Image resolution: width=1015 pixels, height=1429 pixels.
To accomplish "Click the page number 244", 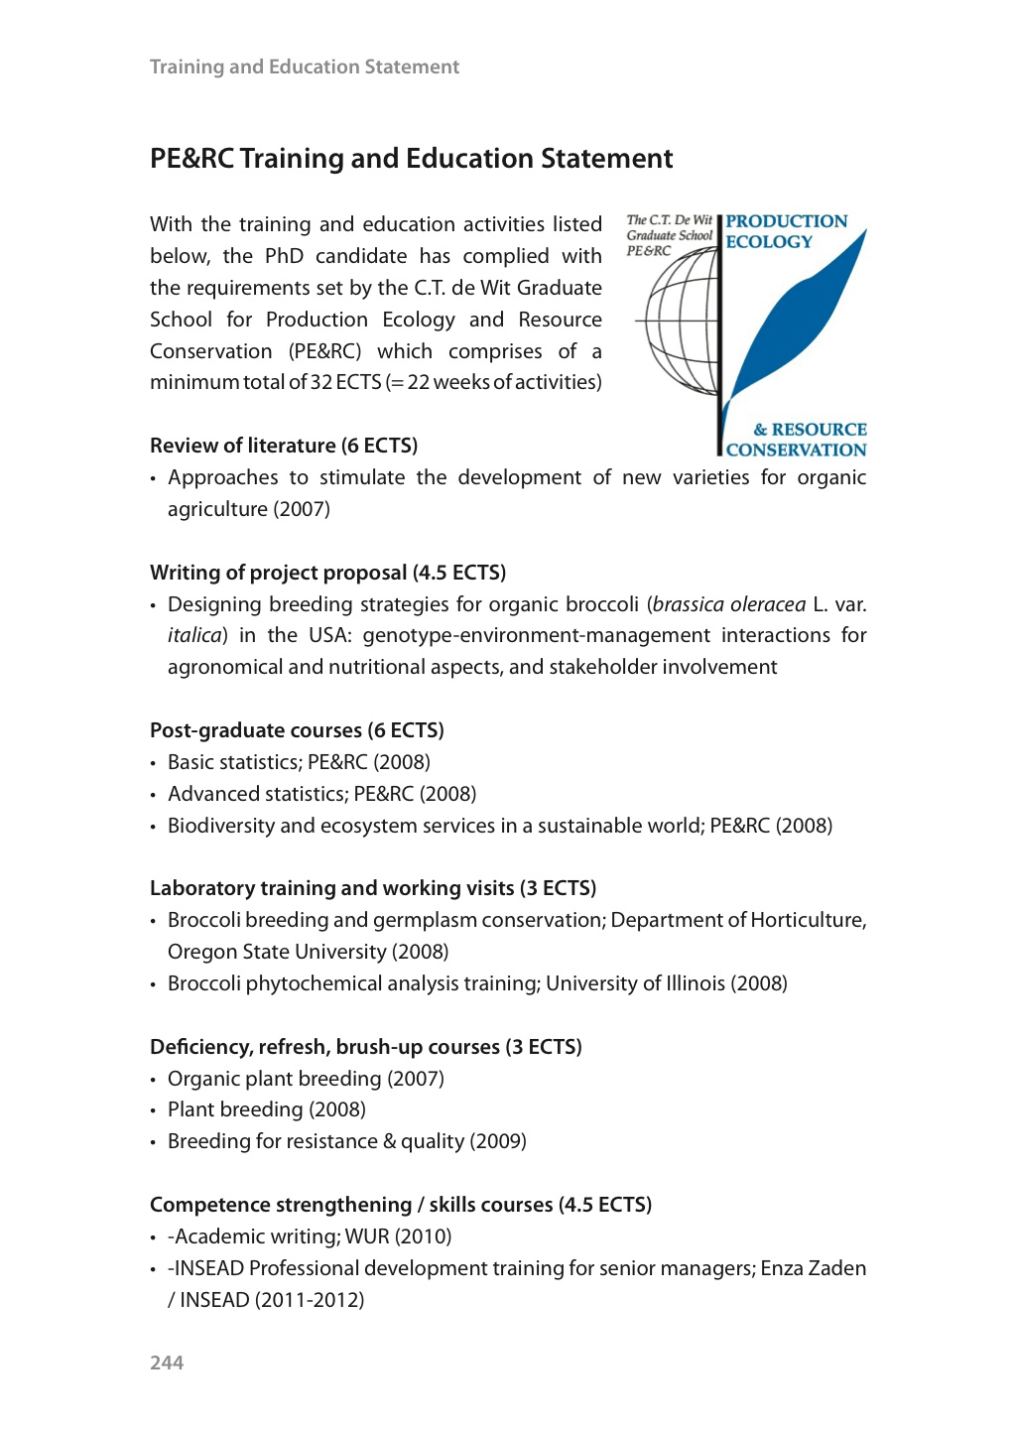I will pyautogui.click(x=167, y=1363).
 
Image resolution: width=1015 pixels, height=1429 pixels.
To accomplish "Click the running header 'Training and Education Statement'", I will pyautogui.click(x=305, y=67).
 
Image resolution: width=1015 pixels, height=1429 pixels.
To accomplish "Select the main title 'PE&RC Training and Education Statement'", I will pyautogui.click(x=411, y=159).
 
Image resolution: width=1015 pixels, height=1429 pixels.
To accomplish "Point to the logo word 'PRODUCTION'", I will pyautogui.click(x=787, y=221).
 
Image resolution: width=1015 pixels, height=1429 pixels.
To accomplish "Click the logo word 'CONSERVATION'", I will pyautogui.click(x=797, y=450).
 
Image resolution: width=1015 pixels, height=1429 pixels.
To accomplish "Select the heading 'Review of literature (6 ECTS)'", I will pyautogui.click(x=284, y=446).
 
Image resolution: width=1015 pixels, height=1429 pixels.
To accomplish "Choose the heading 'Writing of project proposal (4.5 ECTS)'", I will pyautogui.click(x=327, y=573).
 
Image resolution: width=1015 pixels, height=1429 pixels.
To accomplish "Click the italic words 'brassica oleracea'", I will pyautogui.click(x=729, y=604).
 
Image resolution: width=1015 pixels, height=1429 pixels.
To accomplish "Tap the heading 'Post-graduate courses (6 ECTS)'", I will pyautogui.click(x=297, y=730).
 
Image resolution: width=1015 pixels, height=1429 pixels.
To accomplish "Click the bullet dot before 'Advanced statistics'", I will pyautogui.click(x=154, y=796).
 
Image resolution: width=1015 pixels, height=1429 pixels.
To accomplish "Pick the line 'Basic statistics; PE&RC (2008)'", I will pyautogui.click(x=299, y=762).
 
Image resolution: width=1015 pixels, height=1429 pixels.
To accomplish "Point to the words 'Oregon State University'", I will pyautogui.click(x=277, y=952).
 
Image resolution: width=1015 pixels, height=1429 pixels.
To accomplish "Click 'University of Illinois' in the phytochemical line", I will pyautogui.click(x=635, y=983).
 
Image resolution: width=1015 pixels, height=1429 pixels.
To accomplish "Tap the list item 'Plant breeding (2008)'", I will pyautogui.click(x=267, y=1109).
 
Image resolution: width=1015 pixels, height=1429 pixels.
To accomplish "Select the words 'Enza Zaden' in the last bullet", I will pyautogui.click(x=814, y=1268).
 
